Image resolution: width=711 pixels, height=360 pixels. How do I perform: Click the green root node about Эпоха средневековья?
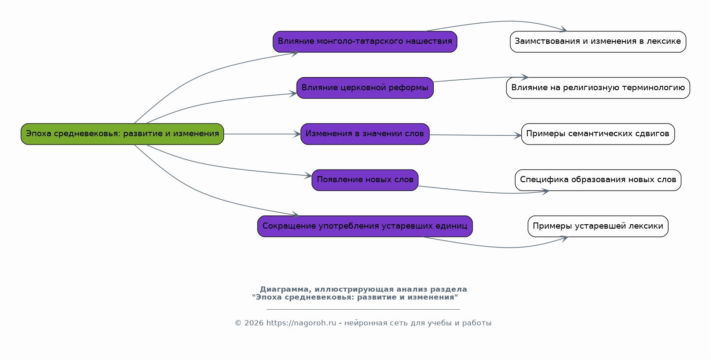click(122, 134)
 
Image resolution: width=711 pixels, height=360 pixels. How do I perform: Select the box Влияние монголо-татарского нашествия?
click(365, 42)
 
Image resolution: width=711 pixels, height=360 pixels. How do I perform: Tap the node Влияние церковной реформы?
click(365, 88)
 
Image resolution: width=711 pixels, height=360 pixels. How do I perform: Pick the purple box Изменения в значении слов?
click(365, 134)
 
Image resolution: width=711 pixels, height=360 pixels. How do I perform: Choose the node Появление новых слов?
click(365, 180)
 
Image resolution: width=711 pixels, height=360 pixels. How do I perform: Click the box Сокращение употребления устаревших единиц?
click(365, 226)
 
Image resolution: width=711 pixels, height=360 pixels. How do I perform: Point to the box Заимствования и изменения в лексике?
click(598, 42)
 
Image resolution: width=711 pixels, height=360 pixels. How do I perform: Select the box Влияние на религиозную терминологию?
click(598, 88)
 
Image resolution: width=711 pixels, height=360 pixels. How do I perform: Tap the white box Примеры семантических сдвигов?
click(598, 134)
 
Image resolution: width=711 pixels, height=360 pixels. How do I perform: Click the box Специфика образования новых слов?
click(598, 180)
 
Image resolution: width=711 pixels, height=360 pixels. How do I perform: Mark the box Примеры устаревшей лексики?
click(598, 226)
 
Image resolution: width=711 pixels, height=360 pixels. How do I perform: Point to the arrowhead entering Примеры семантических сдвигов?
click(518, 136)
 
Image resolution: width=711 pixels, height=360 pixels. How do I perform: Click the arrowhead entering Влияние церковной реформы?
click(294, 93)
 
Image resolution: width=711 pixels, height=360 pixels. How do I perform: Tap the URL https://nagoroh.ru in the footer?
click(301, 323)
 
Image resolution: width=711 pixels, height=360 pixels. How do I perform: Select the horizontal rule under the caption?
click(363, 309)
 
